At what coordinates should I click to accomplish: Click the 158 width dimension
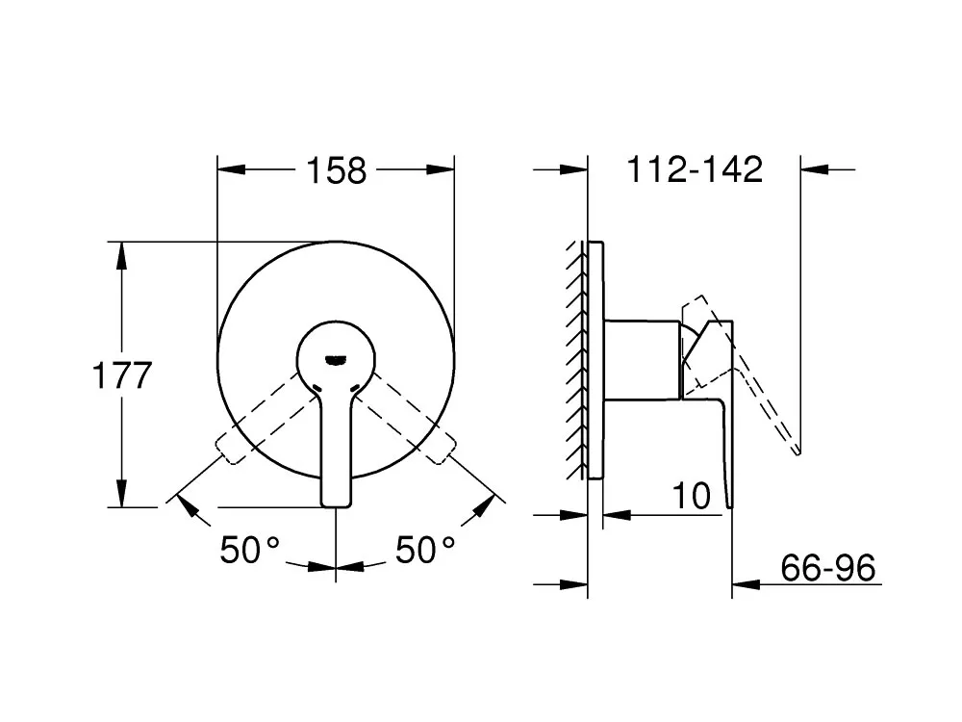(x=336, y=170)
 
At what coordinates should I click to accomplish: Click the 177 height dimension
(x=122, y=375)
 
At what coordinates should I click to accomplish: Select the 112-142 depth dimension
(x=695, y=168)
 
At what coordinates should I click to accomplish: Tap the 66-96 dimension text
(x=827, y=568)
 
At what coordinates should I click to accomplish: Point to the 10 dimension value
(x=692, y=496)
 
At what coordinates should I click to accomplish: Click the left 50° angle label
(x=250, y=550)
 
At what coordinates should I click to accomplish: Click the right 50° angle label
(x=425, y=550)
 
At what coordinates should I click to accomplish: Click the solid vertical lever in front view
(x=336, y=449)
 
